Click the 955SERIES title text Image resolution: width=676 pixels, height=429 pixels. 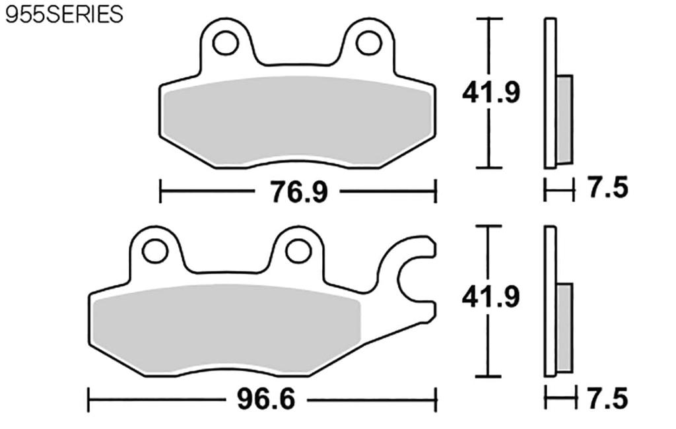click(64, 15)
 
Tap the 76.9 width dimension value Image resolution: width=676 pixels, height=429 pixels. click(298, 192)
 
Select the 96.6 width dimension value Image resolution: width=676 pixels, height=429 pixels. click(262, 399)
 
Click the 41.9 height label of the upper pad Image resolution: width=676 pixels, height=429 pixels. click(490, 93)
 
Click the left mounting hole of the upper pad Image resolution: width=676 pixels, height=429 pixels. click(225, 42)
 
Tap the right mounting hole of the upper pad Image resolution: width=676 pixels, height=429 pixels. click(367, 42)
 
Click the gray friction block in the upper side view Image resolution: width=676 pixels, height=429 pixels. click(564, 119)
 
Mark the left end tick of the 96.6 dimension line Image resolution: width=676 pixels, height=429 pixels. click(89, 399)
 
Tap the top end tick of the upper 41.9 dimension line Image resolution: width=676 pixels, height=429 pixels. click(489, 19)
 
